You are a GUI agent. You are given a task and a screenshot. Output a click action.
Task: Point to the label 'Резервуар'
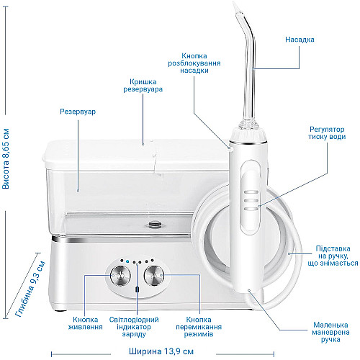78,112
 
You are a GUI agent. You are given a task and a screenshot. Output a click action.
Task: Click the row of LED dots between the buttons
135,262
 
